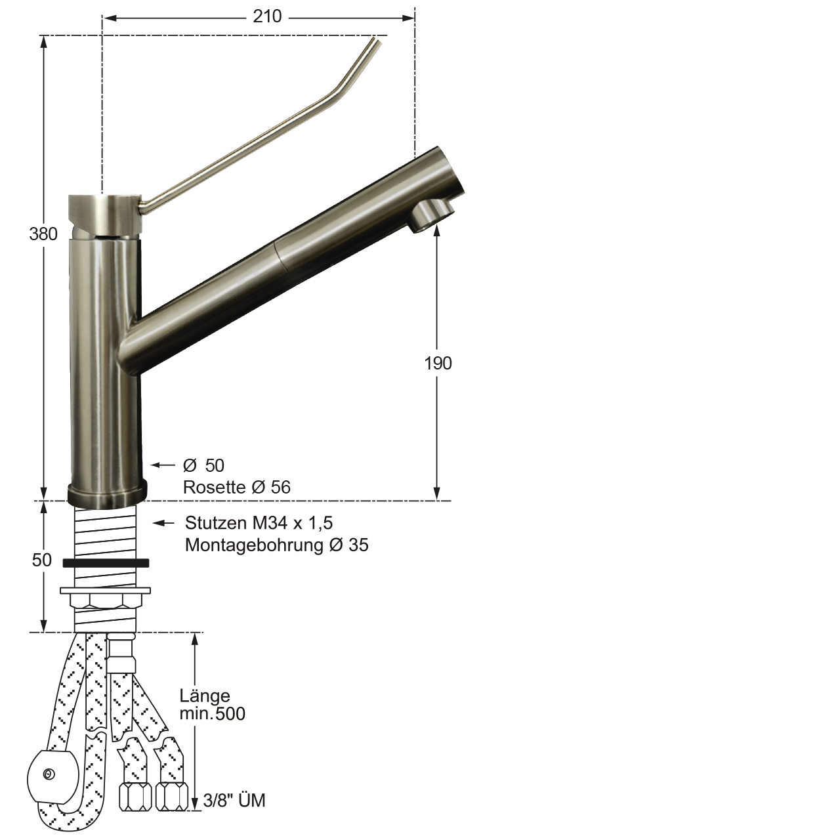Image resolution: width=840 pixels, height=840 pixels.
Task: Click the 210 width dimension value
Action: click(267, 17)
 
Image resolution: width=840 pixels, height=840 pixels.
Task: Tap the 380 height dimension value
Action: click(43, 234)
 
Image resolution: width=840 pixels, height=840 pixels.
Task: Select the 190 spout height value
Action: click(438, 363)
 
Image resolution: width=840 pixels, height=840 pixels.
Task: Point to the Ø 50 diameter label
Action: click(203, 465)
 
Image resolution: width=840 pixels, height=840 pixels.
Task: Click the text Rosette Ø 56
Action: click(237, 487)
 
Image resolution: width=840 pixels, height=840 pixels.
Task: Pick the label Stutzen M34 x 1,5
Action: click(259, 522)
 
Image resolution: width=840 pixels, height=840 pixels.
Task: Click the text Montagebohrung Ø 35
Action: click(277, 545)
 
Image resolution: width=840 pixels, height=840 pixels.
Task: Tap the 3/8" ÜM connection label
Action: click(234, 801)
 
